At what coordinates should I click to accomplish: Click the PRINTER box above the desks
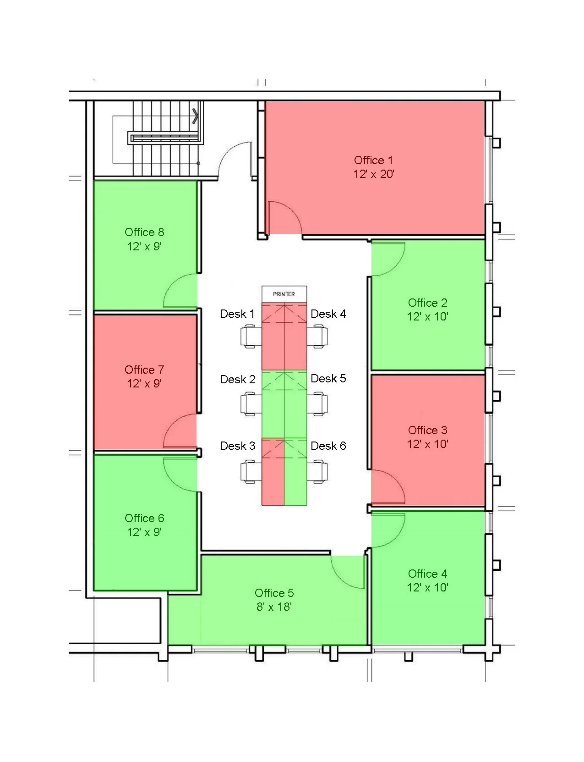[284, 294]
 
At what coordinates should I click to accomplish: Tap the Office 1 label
[373, 160]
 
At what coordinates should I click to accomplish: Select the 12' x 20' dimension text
[373, 174]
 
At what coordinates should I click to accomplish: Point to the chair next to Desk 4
[318, 336]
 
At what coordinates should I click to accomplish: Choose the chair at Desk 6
[318, 472]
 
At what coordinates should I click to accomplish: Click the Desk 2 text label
[237, 379]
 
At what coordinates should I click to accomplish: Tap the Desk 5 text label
[328, 378]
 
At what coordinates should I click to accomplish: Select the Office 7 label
[144, 370]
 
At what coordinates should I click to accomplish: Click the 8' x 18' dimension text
[274, 607]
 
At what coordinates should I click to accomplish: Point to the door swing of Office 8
[181, 291]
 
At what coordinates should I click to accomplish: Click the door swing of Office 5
[348, 571]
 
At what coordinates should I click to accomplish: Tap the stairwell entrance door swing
[235, 158]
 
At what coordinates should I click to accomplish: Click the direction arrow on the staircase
[196, 116]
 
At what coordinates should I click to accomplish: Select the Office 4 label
[427, 574]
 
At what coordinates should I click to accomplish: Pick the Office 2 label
[427, 303]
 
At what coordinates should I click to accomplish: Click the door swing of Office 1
[284, 218]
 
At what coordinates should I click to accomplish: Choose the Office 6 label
[144, 518]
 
